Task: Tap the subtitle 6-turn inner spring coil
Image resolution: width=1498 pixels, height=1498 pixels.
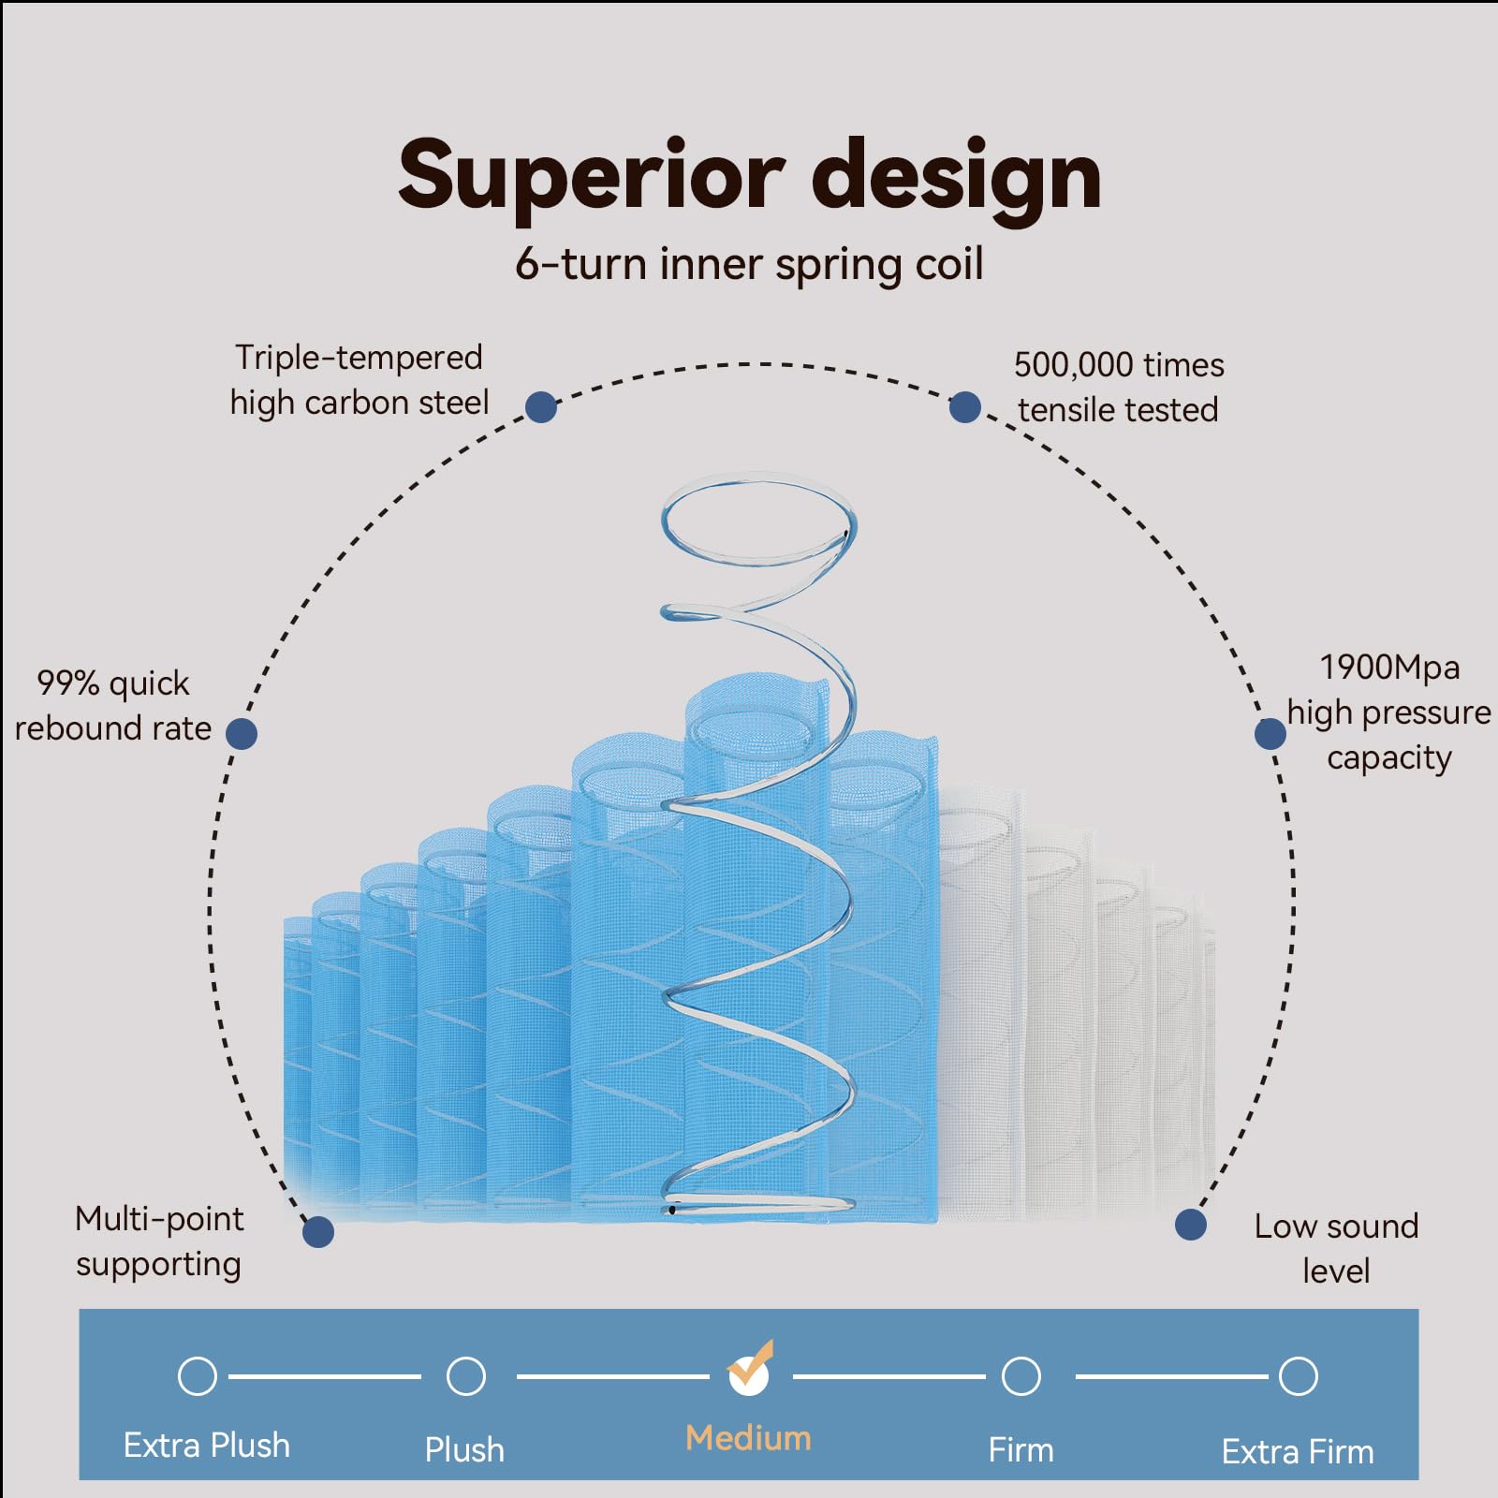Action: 749,264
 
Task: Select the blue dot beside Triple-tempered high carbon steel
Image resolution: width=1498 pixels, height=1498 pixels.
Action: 541,407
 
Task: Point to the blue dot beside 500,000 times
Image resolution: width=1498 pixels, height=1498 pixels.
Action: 965,407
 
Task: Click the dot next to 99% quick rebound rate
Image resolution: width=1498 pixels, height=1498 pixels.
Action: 242,733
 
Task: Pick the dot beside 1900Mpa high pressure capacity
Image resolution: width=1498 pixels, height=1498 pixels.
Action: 1270,733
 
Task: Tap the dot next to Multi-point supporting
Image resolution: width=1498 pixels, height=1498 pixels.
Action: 318,1231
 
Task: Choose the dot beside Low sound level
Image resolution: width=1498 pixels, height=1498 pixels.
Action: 1190,1225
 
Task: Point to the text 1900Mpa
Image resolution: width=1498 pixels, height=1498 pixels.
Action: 1389,668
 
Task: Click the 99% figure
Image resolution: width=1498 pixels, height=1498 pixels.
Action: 67,683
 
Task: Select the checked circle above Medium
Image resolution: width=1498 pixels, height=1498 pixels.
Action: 749,1374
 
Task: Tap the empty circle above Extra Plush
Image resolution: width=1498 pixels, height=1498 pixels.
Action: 198,1376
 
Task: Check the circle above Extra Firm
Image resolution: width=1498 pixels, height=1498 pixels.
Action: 1299,1376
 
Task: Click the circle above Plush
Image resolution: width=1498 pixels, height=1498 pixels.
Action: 466,1376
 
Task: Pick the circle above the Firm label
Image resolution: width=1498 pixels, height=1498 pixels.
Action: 1021,1376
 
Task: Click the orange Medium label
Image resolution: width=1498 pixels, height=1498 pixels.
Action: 748,1438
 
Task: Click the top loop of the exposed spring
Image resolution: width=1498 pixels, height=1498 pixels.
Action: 758,520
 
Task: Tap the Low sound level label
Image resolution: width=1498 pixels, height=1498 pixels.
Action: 1336,1248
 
